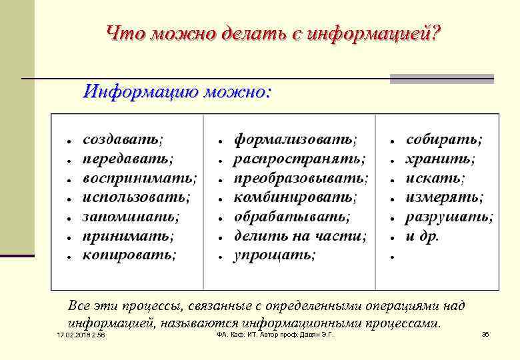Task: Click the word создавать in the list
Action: click(121, 140)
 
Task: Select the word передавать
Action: click(126, 159)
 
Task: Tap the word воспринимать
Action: click(139, 179)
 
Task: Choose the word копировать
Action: click(128, 255)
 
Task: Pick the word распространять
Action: click(298, 159)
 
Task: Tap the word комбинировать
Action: click(294, 197)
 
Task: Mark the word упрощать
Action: click(273, 255)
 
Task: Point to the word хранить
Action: click(440, 159)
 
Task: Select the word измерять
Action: click(444, 197)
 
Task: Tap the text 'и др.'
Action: click(423, 236)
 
